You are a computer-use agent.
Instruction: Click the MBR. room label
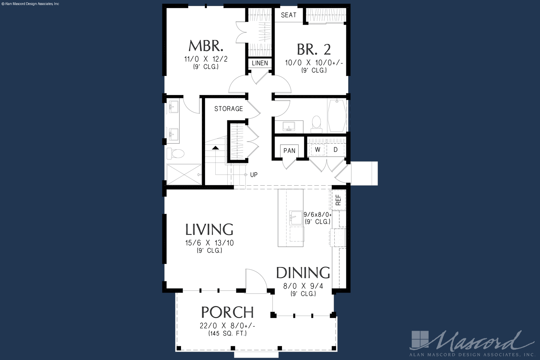[x=206, y=46]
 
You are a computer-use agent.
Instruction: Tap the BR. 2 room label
[x=314, y=49]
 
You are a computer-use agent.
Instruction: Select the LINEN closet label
[x=260, y=63]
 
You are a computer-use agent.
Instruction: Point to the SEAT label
[x=289, y=15]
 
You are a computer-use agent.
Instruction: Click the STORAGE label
[x=229, y=109]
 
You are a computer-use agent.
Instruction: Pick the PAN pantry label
[x=289, y=151]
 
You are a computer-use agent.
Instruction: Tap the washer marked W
[x=317, y=149]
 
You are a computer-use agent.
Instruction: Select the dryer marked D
[x=336, y=149]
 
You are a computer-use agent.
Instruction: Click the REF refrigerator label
[x=338, y=200]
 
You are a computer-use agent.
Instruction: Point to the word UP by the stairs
[x=254, y=175]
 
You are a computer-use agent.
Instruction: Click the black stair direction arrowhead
[x=215, y=148]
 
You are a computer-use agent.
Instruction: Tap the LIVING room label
[x=209, y=229]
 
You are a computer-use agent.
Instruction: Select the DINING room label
[x=303, y=273]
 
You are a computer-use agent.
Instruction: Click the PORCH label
[x=227, y=312]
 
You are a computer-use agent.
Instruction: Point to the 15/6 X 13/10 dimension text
[x=209, y=243]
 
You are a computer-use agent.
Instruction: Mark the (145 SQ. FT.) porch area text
[x=227, y=333]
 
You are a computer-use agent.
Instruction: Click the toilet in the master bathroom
[x=175, y=153]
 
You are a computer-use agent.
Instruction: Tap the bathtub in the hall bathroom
[x=337, y=115]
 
